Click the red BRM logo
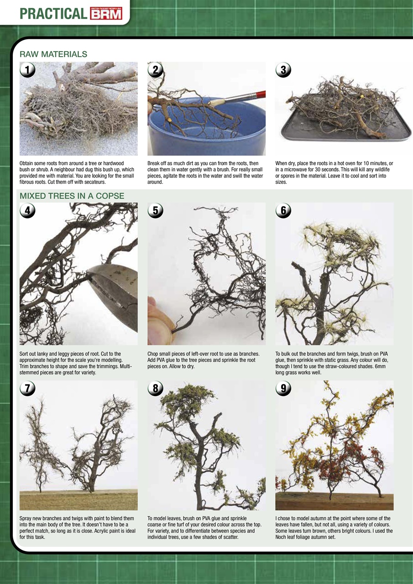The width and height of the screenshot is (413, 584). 106,14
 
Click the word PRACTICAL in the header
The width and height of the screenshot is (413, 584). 53,14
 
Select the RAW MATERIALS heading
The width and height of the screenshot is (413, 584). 53,54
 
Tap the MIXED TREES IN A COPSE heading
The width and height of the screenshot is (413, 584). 72,196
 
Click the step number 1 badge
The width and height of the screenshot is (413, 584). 27,70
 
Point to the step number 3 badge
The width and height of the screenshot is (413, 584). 283,70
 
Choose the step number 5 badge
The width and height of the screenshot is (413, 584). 156,210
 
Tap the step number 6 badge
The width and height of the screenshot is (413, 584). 283,210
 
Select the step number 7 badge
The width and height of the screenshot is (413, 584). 27,388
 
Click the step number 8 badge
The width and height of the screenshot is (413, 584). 156,388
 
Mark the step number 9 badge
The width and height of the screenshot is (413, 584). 283,388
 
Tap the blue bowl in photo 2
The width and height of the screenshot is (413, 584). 206,130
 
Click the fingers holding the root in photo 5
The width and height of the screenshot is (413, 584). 160,320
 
